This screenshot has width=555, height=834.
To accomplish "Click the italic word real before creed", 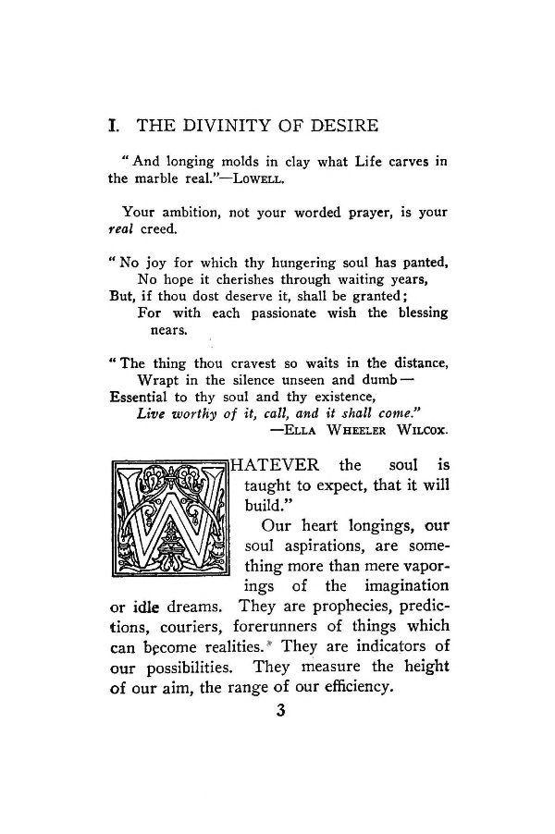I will pos(121,228).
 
